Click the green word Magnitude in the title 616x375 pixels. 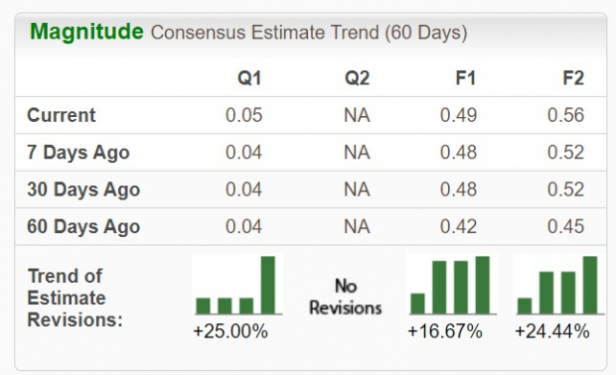tap(86, 32)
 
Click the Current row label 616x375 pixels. tap(62, 116)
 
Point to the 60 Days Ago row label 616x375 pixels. tap(83, 227)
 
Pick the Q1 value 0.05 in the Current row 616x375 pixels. tap(243, 116)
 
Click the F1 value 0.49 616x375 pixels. tap(459, 116)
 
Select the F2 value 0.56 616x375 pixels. tap(565, 116)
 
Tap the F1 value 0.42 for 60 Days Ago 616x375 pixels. tap(459, 227)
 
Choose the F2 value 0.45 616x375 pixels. tap(565, 227)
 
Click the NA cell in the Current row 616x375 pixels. tap(357, 116)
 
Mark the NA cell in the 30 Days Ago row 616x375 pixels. tap(357, 189)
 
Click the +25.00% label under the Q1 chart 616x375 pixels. tap(231, 331)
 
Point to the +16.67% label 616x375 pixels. tap(444, 331)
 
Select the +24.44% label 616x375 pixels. tap(551, 331)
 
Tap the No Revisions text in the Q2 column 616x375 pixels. tap(345, 297)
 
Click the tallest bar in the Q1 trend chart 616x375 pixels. tap(268, 285)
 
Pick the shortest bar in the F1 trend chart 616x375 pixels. tap(417, 303)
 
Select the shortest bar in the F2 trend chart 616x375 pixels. tap(525, 306)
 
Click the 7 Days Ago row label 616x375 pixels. tap(78, 153)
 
